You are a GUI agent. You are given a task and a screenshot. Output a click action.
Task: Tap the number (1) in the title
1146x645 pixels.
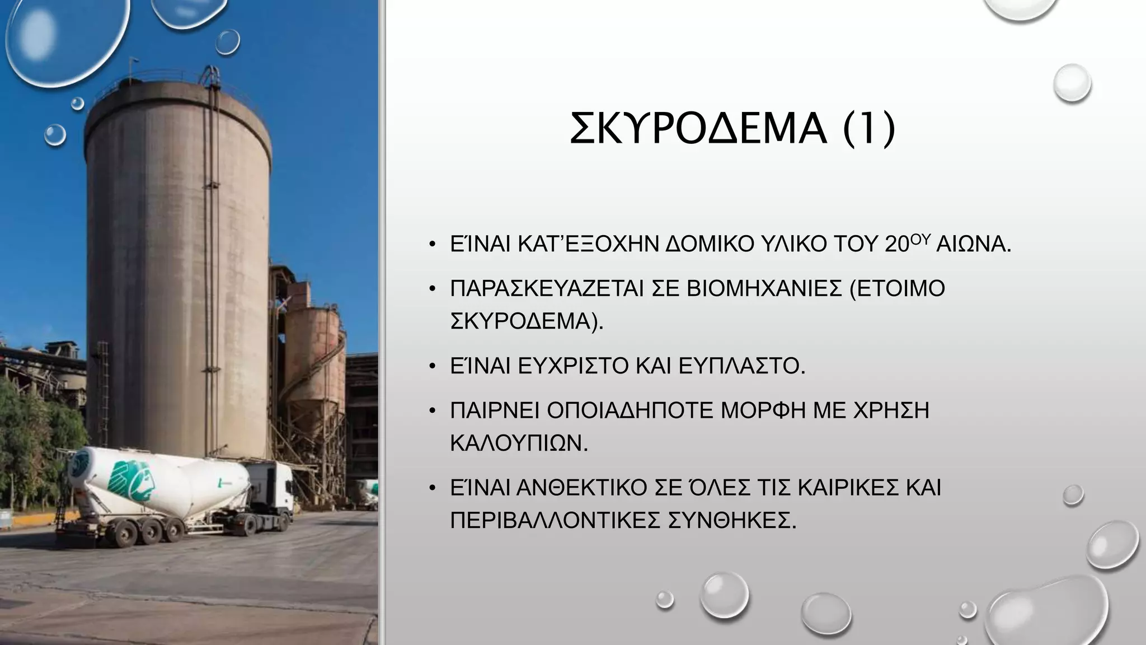tap(869, 130)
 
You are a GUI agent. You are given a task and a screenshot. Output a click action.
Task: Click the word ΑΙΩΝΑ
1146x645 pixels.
tap(973, 245)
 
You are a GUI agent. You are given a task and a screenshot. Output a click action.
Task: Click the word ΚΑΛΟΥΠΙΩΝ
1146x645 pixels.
tap(519, 443)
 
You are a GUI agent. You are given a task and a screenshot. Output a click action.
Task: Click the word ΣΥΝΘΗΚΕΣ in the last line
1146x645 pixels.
tap(732, 521)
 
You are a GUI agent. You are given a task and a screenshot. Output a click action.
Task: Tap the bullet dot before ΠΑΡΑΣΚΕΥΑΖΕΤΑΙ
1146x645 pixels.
tap(432, 289)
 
